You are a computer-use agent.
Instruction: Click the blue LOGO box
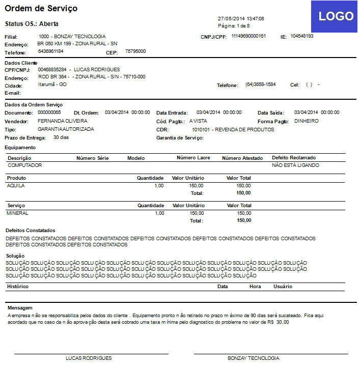pyautogui.click(x=335, y=16)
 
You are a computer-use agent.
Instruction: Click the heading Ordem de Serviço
pyautogui.click(x=41, y=9)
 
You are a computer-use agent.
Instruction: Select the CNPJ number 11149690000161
pyautogui.click(x=248, y=36)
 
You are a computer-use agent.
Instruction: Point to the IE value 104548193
pyautogui.click(x=302, y=36)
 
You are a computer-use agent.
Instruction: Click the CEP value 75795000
pyautogui.click(x=135, y=51)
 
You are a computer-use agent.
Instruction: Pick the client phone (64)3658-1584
pyautogui.click(x=260, y=85)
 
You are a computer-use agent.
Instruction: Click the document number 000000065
pyautogui.click(x=49, y=112)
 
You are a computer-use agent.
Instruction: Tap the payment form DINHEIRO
pyautogui.click(x=307, y=121)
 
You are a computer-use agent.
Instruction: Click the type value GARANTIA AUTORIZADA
pyautogui.click(x=66, y=129)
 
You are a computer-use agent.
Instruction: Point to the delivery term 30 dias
pyautogui.click(x=61, y=137)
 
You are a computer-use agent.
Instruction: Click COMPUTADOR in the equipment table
pyautogui.click(x=25, y=165)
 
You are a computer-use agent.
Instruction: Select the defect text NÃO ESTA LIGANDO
pyautogui.click(x=295, y=165)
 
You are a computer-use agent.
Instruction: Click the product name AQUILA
pyautogui.click(x=16, y=186)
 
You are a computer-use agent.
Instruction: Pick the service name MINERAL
pyautogui.click(x=17, y=213)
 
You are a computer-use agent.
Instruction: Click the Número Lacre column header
pyautogui.click(x=193, y=158)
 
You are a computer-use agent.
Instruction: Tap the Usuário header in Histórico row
pyautogui.click(x=283, y=287)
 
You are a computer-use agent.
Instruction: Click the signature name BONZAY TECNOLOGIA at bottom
pyautogui.click(x=253, y=358)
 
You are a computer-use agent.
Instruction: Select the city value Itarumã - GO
pyautogui.click(x=52, y=85)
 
